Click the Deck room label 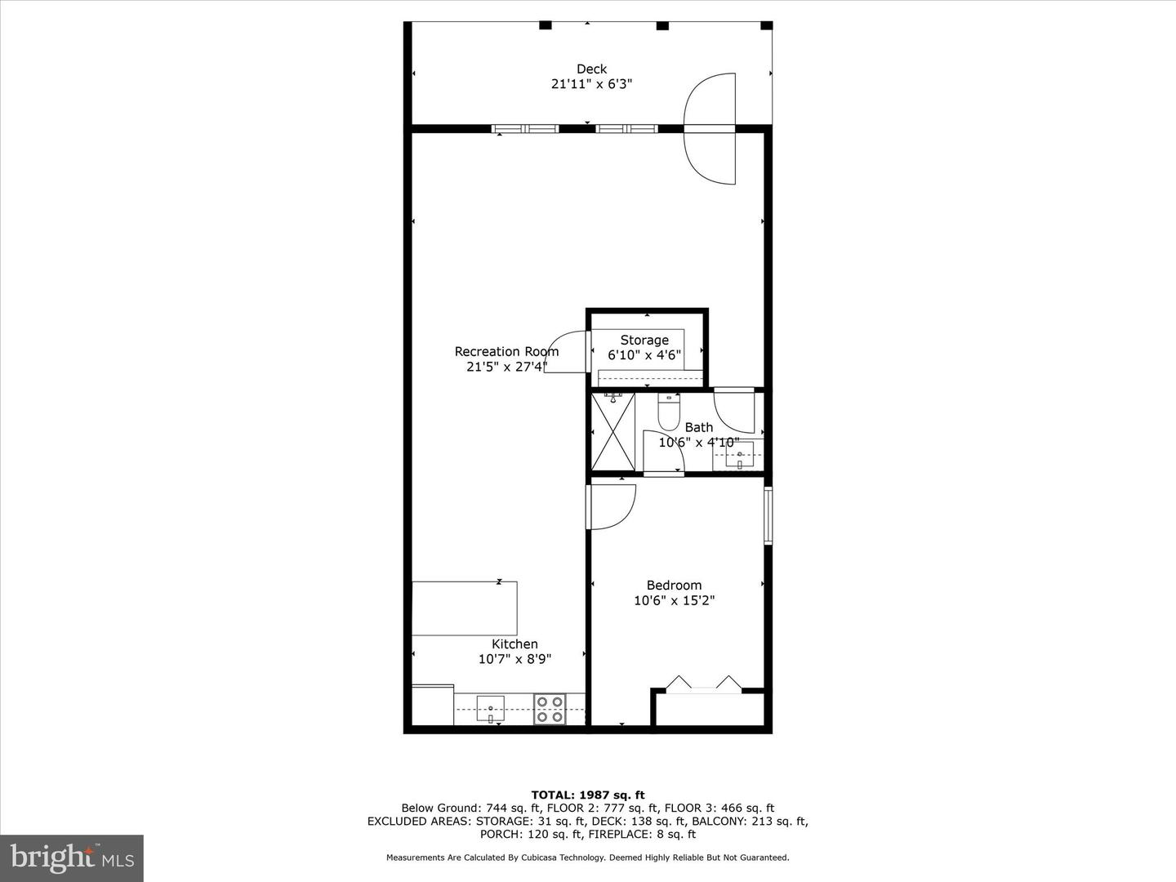pyautogui.click(x=591, y=69)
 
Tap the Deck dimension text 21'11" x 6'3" pyautogui.click(x=591, y=84)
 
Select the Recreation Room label pyautogui.click(x=506, y=351)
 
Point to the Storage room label pyautogui.click(x=644, y=340)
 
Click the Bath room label pyautogui.click(x=698, y=427)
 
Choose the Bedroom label pyautogui.click(x=674, y=586)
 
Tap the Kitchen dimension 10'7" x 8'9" pyautogui.click(x=514, y=659)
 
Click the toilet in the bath pyautogui.click(x=669, y=412)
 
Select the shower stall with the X pyautogui.click(x=612, y=432)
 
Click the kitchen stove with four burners pyautogui.click(x=550, y=709)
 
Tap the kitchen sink pyautogui.click(x=490, y=709)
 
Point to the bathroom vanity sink pyautogui.click(x=740, y=455)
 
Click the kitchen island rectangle pyautogui.click(x=464, y=608)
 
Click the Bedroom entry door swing pyautogui.click(x=612, y=507)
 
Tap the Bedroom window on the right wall pyautogui.click(x=768, y=515)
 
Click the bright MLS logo pyautogui.click(x=72, y=857)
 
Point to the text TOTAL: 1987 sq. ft pyautogui.click(x=588, y=795)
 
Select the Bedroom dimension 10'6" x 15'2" pyautogui.click(x=674, y=600)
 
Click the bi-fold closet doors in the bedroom pyautogui.click(x=703, y=685)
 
